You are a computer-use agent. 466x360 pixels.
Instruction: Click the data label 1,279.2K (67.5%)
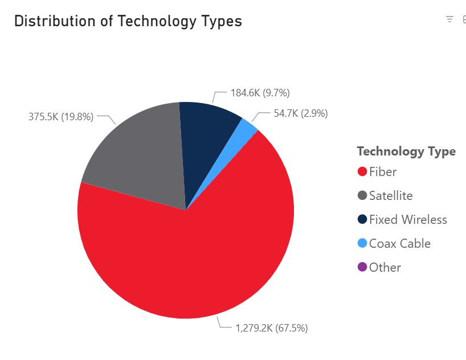click(x=272, y=328)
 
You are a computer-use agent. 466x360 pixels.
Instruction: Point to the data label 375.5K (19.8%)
click(x=61, y=117)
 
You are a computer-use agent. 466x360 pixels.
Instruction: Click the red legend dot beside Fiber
click(x=362, y=172)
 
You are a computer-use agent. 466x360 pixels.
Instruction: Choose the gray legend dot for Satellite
click(x=362, y=196)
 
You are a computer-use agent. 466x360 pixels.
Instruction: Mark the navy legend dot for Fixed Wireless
click(x=362, y=220)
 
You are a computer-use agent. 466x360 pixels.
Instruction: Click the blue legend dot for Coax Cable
click(x=362, y=244)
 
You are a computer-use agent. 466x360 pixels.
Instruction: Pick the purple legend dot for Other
click(x=362, y=268)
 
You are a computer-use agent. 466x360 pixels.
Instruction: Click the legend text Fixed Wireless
click(x=408, y=220)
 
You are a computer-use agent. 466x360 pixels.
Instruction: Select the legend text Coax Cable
click(x=399, y=244)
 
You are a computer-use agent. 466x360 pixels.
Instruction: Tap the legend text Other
click(x=385, y=268)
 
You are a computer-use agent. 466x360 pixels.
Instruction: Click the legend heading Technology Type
click(x=406, y=152)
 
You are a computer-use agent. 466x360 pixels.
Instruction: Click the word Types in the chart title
click(x=219, y=22)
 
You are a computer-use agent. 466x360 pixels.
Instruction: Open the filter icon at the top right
click(x=449, y=19)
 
